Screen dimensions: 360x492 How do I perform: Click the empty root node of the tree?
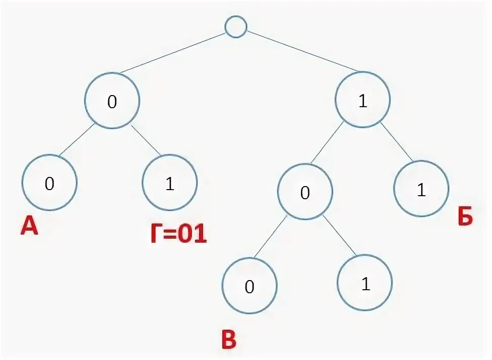(235, 27)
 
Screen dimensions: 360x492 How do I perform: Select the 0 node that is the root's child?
(112, 101)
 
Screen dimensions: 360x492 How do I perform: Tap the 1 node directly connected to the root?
(363, 101)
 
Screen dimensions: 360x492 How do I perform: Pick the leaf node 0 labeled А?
(50, 183)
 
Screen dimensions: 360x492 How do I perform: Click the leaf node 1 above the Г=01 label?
(170, 184)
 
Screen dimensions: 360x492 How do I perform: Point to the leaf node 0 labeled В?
(250, 286)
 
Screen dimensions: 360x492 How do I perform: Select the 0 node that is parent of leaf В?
(305, 192)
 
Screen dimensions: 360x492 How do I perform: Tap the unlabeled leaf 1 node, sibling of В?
(365, 283)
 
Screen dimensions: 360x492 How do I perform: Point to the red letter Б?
(465, 217)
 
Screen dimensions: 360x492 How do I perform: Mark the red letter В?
(228, 341)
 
